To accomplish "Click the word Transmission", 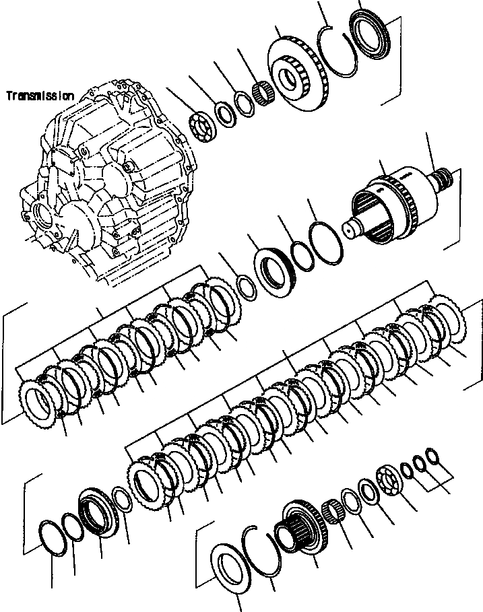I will [40, 96].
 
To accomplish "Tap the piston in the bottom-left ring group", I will [98, 515].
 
